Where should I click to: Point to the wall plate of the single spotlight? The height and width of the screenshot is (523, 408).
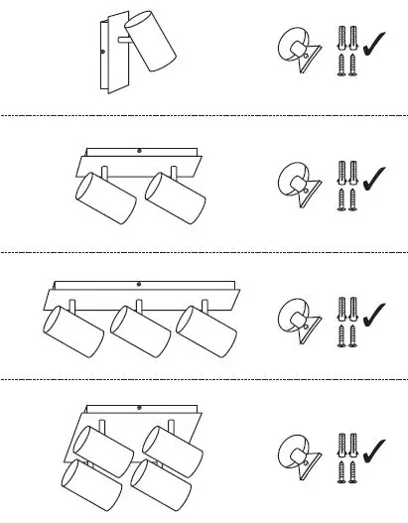click(107, 56)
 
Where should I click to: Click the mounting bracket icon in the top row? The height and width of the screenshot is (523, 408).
click(298, 50)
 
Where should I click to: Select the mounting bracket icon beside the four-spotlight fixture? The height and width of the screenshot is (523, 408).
click(298, 454)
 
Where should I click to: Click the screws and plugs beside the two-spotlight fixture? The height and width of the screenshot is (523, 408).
click(346, 183)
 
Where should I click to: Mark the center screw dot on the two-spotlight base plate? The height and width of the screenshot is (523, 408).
click(139, 150)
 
